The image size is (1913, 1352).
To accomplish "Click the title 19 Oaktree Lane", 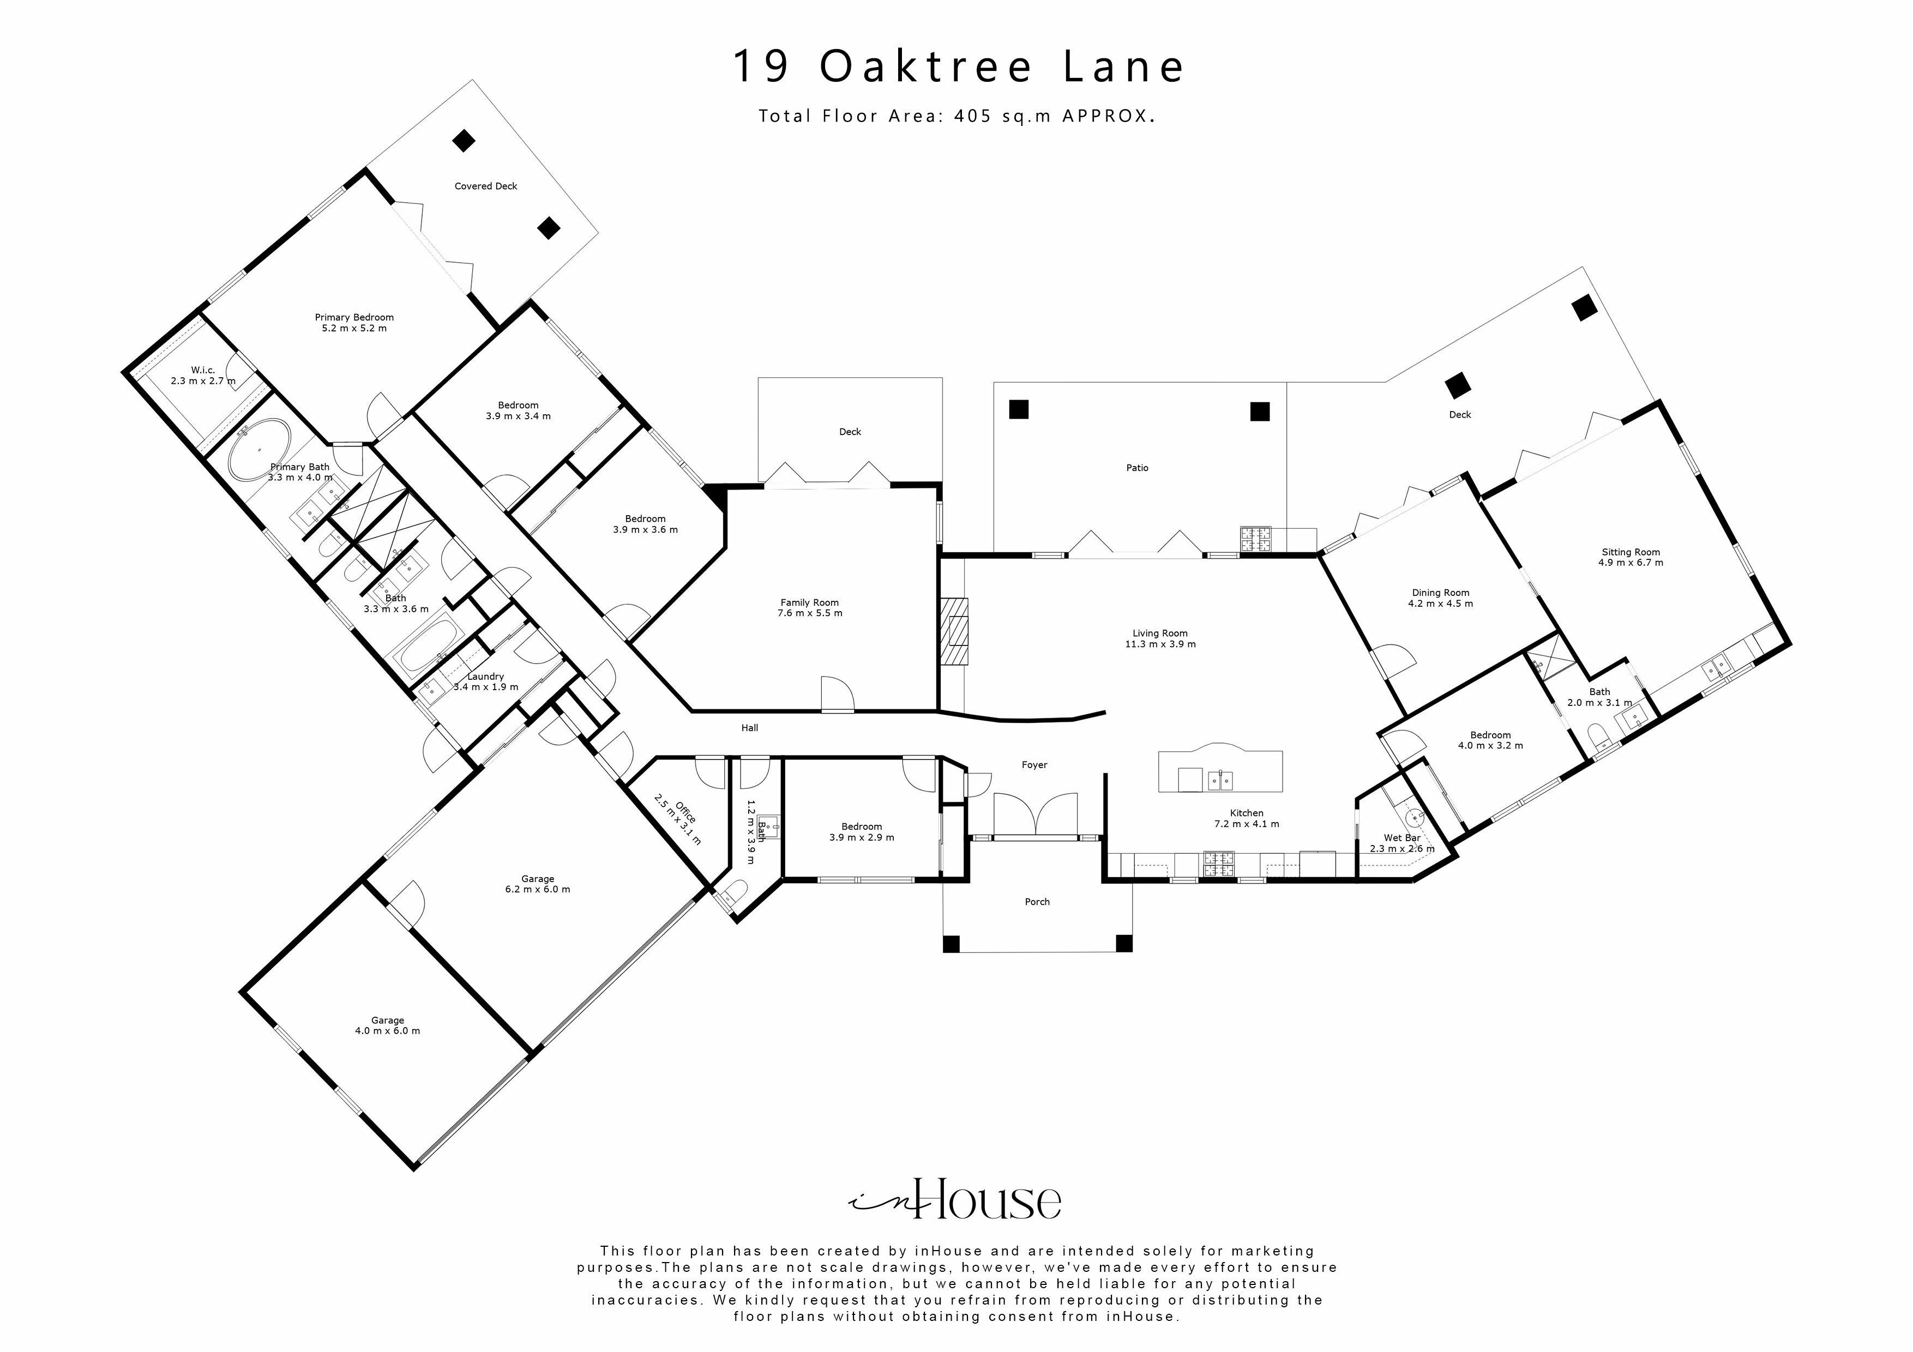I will click(x=958, y=67).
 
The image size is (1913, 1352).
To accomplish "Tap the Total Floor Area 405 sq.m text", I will click(x=955, y=117).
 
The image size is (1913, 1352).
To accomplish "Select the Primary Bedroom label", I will click(x=354, y=317).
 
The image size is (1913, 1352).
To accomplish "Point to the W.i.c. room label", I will click(x=202, y=370).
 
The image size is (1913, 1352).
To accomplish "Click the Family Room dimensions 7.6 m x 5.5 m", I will click(x=809, y=613).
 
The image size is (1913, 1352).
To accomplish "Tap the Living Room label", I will click(x=1159, y=633).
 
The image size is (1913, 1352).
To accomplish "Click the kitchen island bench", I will click(x=1220, y=770).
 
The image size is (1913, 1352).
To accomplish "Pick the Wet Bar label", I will click(x=1401, y=838).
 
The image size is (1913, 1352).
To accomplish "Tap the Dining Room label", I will click(x=1440, y=593).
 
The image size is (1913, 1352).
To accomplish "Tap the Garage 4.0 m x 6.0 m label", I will click(x=387, y=1025).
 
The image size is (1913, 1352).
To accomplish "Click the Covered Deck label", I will click(x=486, y=186).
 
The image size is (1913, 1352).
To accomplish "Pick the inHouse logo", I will click(x=955, y=1199).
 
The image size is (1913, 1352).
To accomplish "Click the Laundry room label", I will click(x=485, y=677).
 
